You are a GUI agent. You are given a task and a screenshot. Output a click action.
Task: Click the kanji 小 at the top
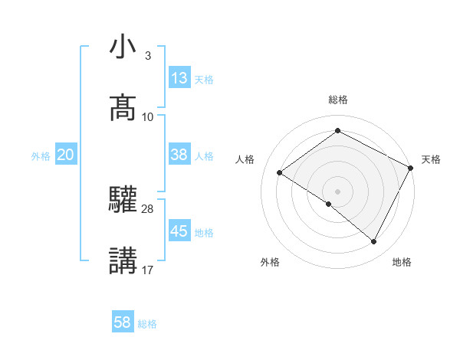(123, 47)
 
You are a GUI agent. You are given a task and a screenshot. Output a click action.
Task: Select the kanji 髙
(123, 108)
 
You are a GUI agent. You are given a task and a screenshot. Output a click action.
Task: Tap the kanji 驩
(123, 200)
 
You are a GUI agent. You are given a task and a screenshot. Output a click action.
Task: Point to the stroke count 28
(148, 208)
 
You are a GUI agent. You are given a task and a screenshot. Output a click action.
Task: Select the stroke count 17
(148, 270)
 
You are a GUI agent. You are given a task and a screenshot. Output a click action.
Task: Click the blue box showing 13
(179, 78)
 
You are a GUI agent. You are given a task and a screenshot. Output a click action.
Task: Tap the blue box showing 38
(179, 155)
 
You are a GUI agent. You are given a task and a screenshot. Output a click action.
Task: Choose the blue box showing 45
(179, 231)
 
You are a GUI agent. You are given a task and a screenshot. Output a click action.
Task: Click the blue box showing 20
(65, 155)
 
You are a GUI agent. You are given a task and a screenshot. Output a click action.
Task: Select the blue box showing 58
(123, 322)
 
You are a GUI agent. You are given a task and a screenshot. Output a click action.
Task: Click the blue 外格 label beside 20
(41, 156)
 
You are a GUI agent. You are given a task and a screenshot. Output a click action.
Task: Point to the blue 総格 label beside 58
(147, 324)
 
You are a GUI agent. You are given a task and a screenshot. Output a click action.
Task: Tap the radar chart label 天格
(431, 159)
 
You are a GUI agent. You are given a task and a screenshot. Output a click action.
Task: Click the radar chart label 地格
(402, 262)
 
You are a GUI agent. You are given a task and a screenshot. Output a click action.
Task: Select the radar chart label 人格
(245, 159)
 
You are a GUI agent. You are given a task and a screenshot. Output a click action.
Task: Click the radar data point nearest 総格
(337, 131)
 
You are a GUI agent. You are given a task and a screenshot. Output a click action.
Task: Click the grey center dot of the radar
(337, 191)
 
